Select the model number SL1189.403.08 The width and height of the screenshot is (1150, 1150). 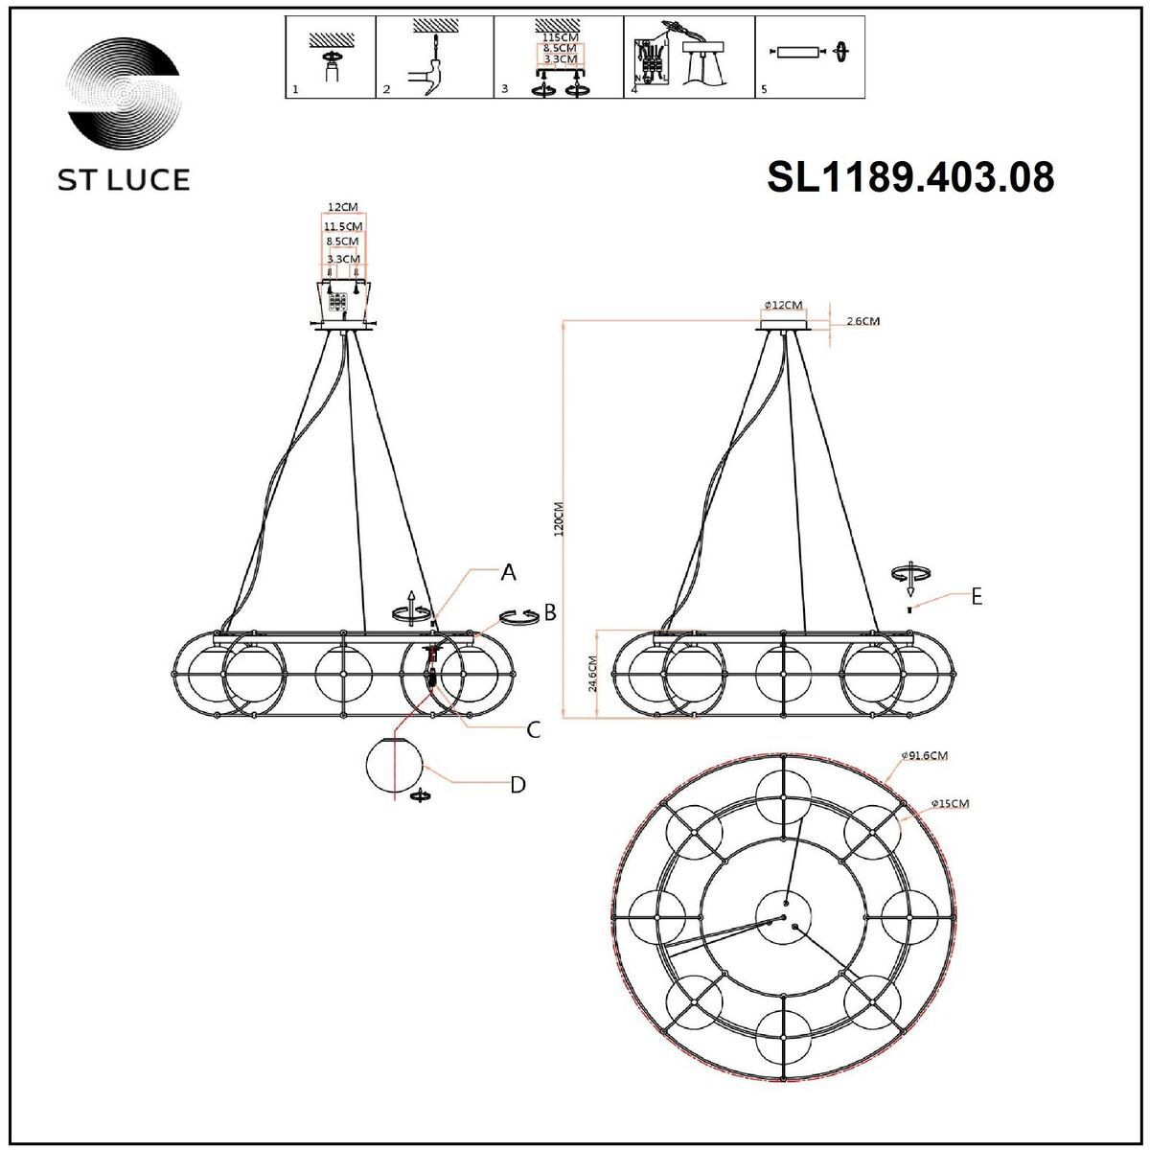(x=910, y=177)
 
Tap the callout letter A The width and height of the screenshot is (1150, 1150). (x=509, y=573)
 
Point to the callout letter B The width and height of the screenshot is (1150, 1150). (x=550, y=612)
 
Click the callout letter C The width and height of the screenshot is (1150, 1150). (x=534, y=729)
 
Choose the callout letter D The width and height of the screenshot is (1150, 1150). (x=517, y=785)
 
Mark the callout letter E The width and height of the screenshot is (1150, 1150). (x=977, y=596)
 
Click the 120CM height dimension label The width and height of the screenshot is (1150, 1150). (x=561, y=522)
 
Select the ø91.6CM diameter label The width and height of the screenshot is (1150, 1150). (x=924, y=756)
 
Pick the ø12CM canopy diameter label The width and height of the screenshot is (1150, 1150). (x=783, y=305)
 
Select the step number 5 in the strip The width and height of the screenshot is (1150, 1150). (x=763, y=89)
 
